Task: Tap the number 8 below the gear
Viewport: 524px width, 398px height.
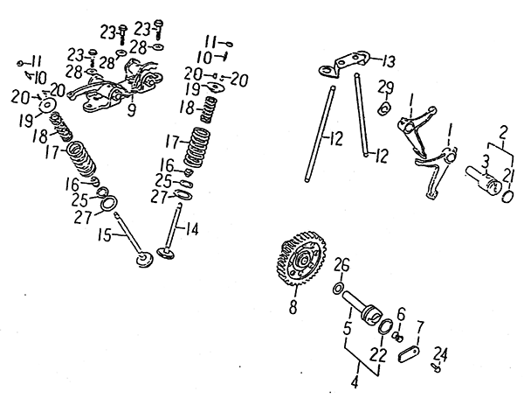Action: coord(293,306)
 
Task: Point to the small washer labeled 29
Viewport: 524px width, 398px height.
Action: coord(383,108)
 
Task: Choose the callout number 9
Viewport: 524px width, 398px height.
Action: coord(132,110)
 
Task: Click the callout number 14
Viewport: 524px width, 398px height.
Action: coord(193,231)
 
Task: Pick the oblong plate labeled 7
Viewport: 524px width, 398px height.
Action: coord(406,354)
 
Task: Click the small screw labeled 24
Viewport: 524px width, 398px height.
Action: coord(435,368)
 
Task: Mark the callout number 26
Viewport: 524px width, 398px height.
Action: coord(342,264)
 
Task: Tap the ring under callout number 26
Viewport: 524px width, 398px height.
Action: coord(336,288)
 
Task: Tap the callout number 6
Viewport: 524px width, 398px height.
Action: coord(400,313)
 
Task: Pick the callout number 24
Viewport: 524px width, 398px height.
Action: coord(441,353)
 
